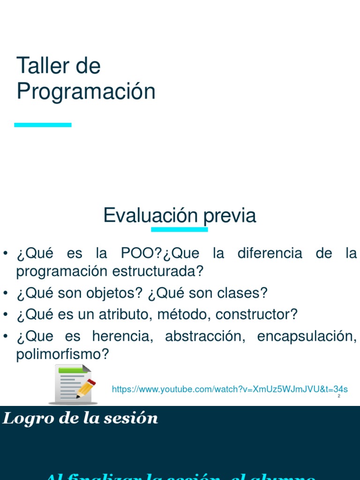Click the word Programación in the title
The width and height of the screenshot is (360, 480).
point(86,91)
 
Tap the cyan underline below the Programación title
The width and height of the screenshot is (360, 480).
point(43,125)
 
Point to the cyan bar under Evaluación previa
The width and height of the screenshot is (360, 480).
point(179,229)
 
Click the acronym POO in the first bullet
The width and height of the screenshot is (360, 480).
point(141,254)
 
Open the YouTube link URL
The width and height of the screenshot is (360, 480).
point(230,389)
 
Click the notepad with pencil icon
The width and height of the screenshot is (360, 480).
point(73,384)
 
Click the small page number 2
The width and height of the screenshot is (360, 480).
point(338,397)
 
